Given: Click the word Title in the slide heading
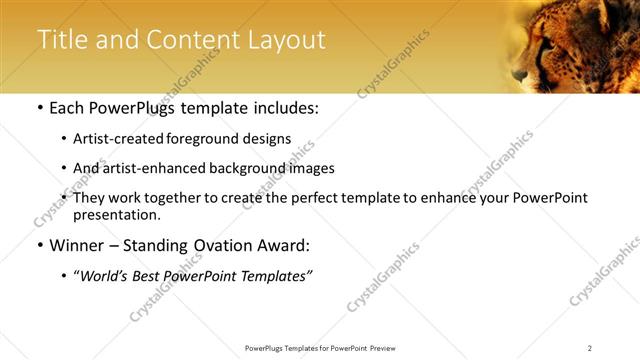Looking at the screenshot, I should point(63,40).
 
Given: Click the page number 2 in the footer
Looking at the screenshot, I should point(590,348).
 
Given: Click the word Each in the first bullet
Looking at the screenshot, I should point(67,108).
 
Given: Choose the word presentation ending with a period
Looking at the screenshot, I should point(116,214).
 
